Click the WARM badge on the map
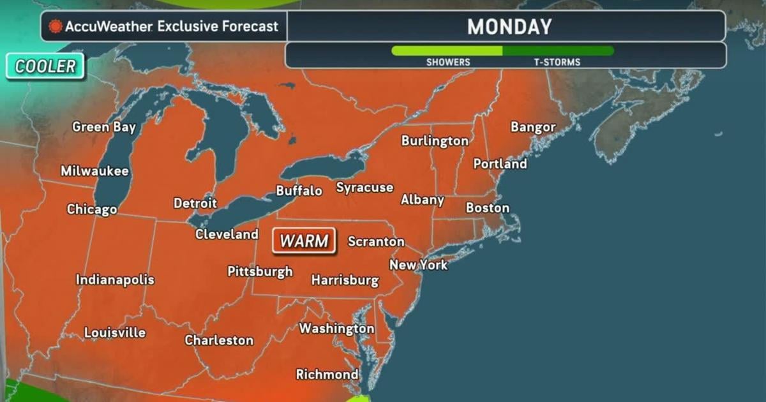pos(304,241)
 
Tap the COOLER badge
pos(45,66)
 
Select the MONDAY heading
pos(509,27)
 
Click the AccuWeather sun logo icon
pos(56,27)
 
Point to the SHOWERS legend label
pos(448,63)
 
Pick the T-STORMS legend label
pos(557,63)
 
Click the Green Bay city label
pos(104,127)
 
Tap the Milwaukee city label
pos(94,171)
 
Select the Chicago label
pos(92,209)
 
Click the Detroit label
pos(195,204)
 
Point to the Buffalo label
pos(299,191)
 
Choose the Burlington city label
pos(435,141)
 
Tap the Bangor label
pos(533,127)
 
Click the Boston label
pos(488,208)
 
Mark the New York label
pos(419,264)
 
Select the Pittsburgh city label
pos(260,271)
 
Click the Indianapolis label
pos(115,279)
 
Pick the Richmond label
pos(327,375)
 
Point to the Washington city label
pos(336,329)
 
